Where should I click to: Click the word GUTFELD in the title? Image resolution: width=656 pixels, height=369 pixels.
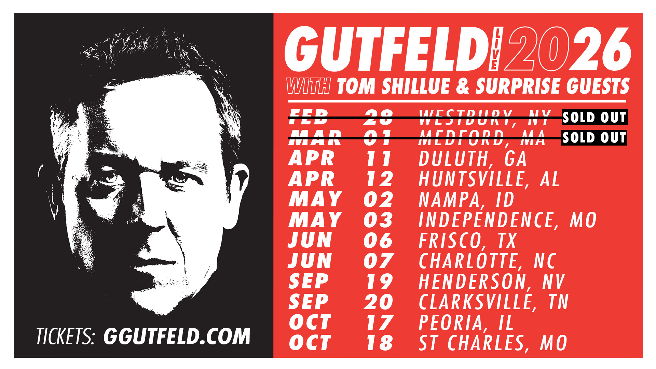pos(386,50)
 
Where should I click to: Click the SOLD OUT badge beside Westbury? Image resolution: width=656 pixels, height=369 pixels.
pos(594,117)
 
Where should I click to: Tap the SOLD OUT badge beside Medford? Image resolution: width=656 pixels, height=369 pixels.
pos(594,137)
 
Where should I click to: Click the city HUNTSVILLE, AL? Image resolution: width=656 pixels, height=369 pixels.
pos(489,179)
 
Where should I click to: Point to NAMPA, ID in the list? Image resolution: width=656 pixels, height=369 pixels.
pos(466,200)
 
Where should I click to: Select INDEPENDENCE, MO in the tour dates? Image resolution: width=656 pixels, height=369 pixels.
pos(507,220)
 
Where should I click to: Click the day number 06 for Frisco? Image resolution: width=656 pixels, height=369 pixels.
pos(378,241)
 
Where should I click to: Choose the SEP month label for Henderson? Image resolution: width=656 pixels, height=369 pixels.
pos(309,282)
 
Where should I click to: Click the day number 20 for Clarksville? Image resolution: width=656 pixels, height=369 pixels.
pos(378,302)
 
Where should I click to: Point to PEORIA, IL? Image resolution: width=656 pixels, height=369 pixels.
pos(466,323)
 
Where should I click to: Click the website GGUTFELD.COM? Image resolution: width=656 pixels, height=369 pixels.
pos(177,336)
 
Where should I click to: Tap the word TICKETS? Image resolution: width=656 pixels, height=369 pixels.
pos(65,336)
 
